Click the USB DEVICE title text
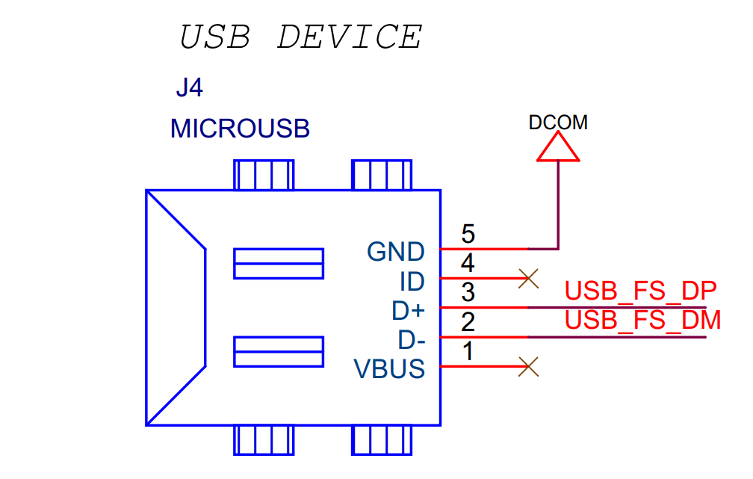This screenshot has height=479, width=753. pos(301,37)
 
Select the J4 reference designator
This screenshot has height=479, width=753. pos(189,89)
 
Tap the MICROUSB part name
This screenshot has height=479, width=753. pos(240,129)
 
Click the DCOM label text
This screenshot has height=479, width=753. pos(558,123)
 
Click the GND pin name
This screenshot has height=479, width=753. pos(396,252)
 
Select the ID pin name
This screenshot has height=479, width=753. pos(412,282)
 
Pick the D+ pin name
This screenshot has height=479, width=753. pos(408,310)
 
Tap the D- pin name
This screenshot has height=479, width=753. pos(411,340)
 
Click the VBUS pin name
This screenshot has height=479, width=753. pos(389,369)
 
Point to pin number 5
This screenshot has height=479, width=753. pos(468,235)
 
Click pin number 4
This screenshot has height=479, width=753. pos(468,264)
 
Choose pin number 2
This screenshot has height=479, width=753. pos(468,323)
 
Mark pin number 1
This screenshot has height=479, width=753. pos(468,352)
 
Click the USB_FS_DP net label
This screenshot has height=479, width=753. pos(641,290)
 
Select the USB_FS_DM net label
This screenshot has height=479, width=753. pos(642,320)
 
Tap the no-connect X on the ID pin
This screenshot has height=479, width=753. pos(528,279)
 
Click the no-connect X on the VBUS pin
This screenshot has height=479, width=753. pos(528,366)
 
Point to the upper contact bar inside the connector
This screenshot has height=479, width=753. pos(279,263)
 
